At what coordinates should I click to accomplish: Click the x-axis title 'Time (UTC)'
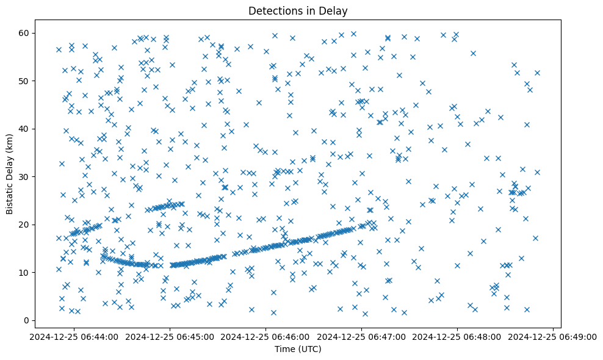coord(298,350)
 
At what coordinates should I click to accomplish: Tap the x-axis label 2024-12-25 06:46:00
coord(265,336)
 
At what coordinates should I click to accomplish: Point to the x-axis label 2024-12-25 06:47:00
coord(361,336)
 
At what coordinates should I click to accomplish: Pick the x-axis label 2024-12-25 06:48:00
coord(457,336)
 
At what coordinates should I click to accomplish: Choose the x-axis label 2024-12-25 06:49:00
coord(553,336)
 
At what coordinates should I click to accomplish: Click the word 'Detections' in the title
coord(271,10)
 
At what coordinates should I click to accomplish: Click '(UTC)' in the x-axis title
coord(309,350)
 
